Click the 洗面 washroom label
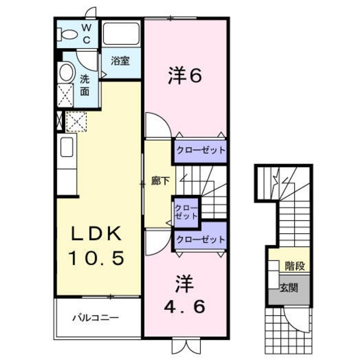(85, 85)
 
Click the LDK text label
(96, 233)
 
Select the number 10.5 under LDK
(96, 258)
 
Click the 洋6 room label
(185, 76)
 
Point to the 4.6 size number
(184, 307)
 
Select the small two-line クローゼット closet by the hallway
(186, 211)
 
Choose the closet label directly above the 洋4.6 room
(200, 239)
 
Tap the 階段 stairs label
(293, 265)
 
